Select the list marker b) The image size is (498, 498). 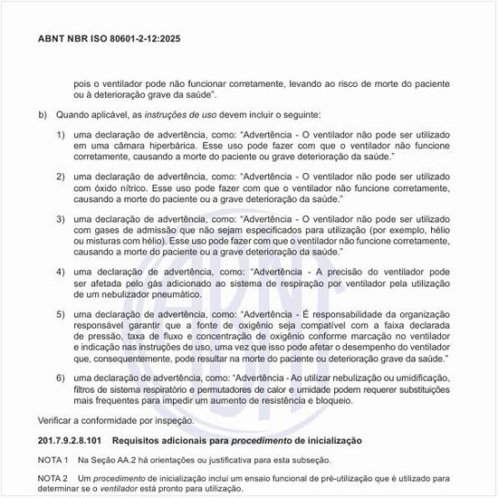[x=43, y=115]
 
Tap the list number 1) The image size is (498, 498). [x=61, y=135]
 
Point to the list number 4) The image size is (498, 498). [x=61, y=273]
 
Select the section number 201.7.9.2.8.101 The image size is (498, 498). [x=80, y=439]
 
